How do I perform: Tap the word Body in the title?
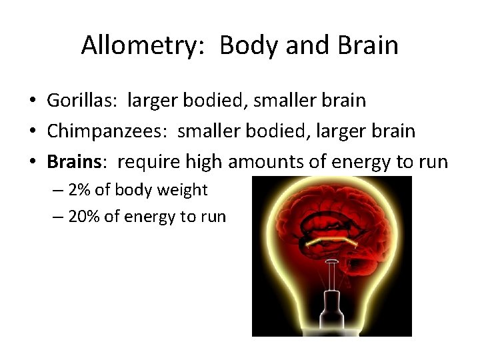coord(242,46)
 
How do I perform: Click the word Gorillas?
coord(79,101)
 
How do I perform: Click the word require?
coord(144,161)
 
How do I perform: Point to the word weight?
coord(183,190)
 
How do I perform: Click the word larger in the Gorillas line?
coord(147,101)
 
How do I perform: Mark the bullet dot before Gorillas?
coord(32,101)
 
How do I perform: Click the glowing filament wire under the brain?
coord(331,240)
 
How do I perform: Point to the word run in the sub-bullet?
coord(213,217)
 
